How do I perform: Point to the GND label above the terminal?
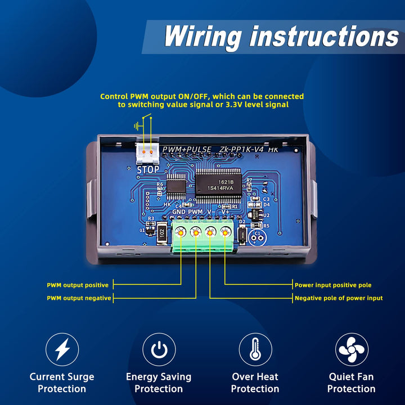(x=179, y=212)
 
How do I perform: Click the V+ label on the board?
(x=226, y=212)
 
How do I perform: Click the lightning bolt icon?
(x=62, y=349)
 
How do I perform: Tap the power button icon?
(x=159, y=349)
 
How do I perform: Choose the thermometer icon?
(x=255, y=349)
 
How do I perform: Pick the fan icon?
(x=352, y=349)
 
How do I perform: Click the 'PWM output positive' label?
(x=77, y=285)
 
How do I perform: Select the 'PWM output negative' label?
(x=79, y=298)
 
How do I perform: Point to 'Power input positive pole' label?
(x=333, y=285)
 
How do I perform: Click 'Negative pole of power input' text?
(x=339, y=298)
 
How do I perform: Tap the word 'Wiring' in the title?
(x=202, y=37)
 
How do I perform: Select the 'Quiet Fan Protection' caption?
(x=352, y=382)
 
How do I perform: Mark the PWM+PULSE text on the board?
(x=187, y=150)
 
